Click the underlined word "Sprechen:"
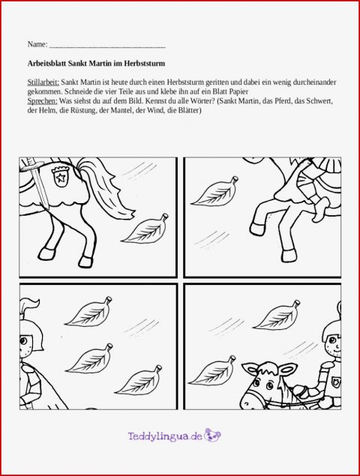pyautogui.click(x=41, y=100)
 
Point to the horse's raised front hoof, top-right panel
pyautogui.click(x=254, y=227)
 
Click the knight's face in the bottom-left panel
pyautogui.click(x=27, y=340)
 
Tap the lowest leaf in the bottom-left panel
pyautogui.click(x=138, y=378)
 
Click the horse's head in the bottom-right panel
pyautogui.click(x=262, y=382)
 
